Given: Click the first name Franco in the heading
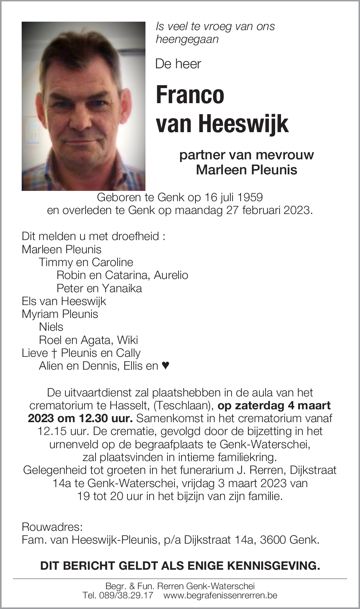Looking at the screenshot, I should (x=190, y=95).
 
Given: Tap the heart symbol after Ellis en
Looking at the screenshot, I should (x=166, y=366).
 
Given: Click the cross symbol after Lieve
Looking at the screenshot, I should (x=54, y=353).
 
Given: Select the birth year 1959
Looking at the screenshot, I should (x=250, y=197).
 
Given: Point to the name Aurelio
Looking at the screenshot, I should (x=171, y=275).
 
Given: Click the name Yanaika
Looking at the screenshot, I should (x=122, y=288).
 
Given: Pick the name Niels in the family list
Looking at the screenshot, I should (x=51, y=327).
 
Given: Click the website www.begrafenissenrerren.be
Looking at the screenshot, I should (x=220, y=595).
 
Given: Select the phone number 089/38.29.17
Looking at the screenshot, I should (x=126, y=595).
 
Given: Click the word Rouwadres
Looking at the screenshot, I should (x=52, y=527).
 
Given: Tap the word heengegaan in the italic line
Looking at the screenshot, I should (x=187, y=39).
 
